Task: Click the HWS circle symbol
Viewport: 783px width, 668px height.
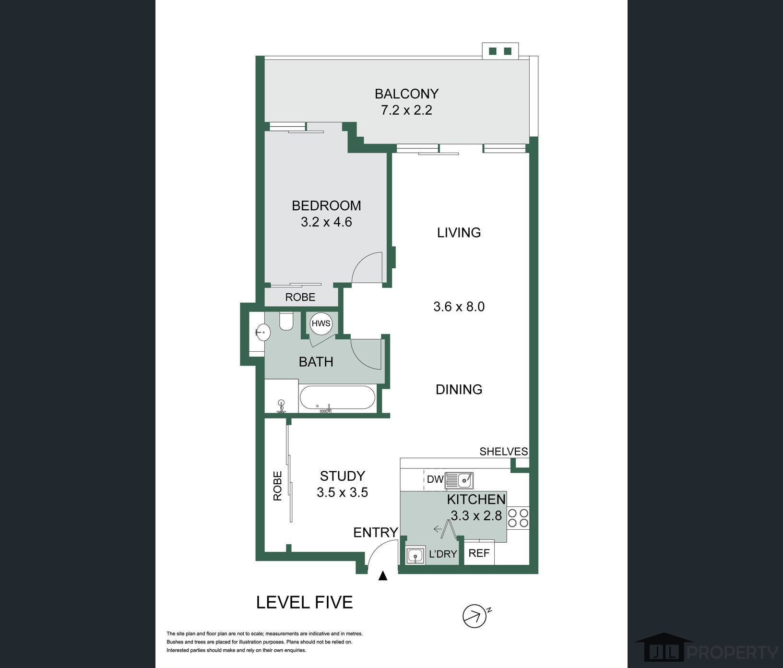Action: [321, 323]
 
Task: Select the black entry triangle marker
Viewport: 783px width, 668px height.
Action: [383, 576]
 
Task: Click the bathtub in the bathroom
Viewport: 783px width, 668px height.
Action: [337, 398]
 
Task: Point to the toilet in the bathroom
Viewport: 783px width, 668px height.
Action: [286, 321]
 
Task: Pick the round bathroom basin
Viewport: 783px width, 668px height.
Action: [262, 332]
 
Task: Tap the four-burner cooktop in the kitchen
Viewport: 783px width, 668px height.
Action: [518, 518]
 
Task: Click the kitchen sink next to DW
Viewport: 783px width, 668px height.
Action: [459, 480]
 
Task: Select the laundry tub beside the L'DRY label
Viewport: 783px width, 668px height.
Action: [415, 556]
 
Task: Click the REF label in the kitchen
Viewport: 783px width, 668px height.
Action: [479, 553]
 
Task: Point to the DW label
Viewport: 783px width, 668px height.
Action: [435, 479]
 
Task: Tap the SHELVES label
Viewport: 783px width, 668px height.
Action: [504, 452]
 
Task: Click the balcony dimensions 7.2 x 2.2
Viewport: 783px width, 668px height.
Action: [406, 110]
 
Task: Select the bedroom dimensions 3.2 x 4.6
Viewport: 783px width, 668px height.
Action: [326, 222]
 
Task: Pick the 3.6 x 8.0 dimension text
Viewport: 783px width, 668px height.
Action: [459, 307]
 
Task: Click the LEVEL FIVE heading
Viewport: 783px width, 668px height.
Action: [305, 602]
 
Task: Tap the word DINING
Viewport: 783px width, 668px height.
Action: [459, 389]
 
